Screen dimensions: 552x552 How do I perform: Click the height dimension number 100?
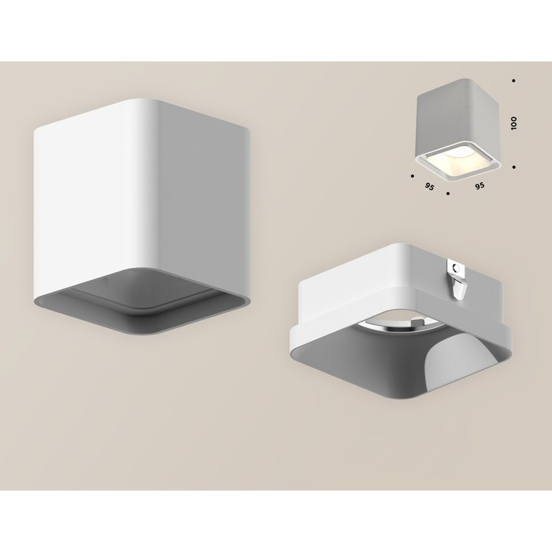click(514, 123)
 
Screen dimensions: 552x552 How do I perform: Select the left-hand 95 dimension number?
click(429, 187)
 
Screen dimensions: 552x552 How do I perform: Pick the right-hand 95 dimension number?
click(479, 185)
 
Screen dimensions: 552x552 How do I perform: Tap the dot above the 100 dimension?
click(514, 80)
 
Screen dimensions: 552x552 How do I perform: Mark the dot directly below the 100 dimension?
click(514, 167)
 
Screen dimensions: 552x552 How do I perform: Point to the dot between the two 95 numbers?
click(448, 193)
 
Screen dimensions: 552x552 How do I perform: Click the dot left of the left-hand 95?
click(412, 175)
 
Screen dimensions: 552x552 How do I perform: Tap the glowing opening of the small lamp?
click(458, 160)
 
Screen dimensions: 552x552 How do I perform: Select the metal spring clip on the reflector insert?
click(457, 279)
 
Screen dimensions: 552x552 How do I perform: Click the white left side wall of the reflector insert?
click(356, 282)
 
